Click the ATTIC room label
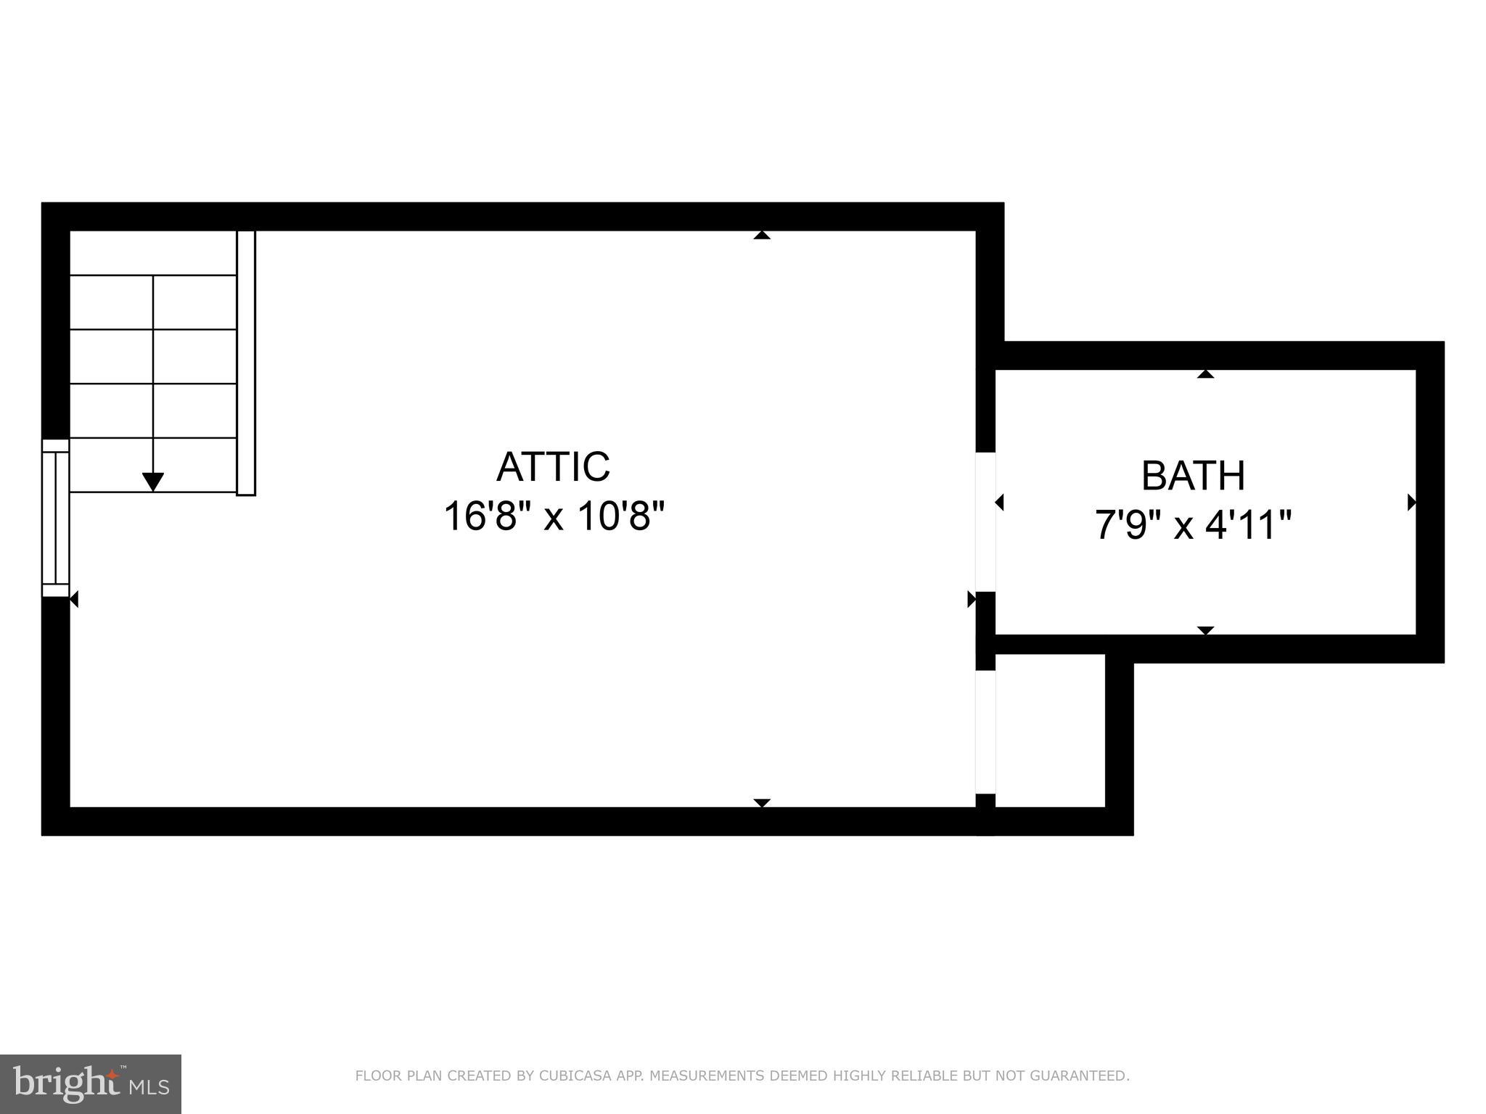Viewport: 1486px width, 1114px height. click(553, 466)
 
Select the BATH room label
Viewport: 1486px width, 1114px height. click(1193, 476)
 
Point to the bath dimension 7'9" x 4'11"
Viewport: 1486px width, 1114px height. click(1193, 525)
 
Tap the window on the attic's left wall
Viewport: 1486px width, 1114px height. click(55, 518)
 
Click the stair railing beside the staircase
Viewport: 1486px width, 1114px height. click(246, 363)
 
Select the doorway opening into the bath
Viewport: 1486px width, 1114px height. click(985, 521)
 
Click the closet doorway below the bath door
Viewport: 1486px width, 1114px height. click(985, 732)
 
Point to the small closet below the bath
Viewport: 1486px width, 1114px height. click(1049, 730)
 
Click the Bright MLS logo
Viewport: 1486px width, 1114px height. click(90, 1084)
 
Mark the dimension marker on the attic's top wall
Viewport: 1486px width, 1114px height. click(761, 235)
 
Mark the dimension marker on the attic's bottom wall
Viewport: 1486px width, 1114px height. click(761, 803)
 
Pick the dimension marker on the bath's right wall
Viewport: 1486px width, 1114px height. click(1411, 502)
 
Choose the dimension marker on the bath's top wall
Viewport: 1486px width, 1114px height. click(1205, 374)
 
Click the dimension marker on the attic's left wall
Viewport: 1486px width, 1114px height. click(74, 599)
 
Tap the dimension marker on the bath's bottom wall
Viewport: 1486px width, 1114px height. click(1205, 630)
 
